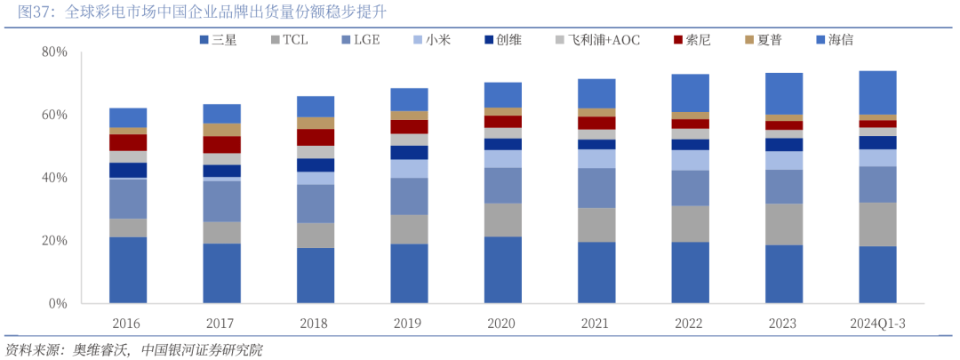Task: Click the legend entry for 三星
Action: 218,40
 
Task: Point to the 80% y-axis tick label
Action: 54,52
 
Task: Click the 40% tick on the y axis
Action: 54,178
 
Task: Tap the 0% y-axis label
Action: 58,304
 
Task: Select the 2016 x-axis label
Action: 127,324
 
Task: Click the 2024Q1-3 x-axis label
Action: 877,324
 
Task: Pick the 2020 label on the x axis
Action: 503,324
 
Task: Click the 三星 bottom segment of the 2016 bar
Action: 128,270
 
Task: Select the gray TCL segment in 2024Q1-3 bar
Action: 877,224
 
